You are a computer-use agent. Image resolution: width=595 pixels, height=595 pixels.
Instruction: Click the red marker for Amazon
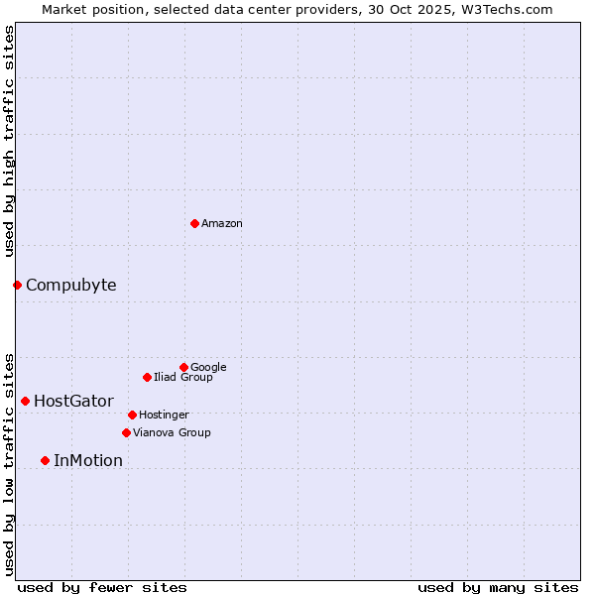tap(194, 223)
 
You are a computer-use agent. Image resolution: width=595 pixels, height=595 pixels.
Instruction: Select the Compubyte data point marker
tap(17, 286)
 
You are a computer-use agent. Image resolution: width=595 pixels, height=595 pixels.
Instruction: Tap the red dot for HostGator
tap(25, 401)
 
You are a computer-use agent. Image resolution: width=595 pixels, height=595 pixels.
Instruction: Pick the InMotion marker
tap(45, 460)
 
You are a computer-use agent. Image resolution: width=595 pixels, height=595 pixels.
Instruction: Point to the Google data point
tap(183, 367)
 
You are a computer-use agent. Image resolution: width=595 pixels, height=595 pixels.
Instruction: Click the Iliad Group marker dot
tap(147, 377)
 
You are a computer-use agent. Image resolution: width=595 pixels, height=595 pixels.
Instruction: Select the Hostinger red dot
tap(132, 415)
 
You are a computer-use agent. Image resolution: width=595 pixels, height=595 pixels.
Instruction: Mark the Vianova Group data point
tap(126, 432)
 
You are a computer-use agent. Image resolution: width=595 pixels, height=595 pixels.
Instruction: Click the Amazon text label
tap(222, 224)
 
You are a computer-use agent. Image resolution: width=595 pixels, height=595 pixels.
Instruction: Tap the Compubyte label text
tap(70, 286)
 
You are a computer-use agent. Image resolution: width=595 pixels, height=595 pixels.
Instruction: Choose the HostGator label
tap(73, 402)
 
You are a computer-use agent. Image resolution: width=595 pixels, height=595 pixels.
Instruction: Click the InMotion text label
tap(88, 461)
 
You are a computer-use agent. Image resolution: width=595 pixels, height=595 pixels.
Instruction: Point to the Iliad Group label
tap(183, 378)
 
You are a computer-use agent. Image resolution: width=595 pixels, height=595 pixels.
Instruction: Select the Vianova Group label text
tap(172, 433)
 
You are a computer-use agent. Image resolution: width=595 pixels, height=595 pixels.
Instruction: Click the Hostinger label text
tap(164, 416)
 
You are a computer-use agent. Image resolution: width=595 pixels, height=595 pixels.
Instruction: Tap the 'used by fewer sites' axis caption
tap(102, 588)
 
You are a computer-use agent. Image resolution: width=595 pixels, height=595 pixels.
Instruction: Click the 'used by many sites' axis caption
tap(498, 588)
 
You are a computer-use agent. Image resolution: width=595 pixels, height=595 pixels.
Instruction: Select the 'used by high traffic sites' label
tap(10, 141)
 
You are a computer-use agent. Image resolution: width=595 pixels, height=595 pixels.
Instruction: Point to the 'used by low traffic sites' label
tap(10, 464)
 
